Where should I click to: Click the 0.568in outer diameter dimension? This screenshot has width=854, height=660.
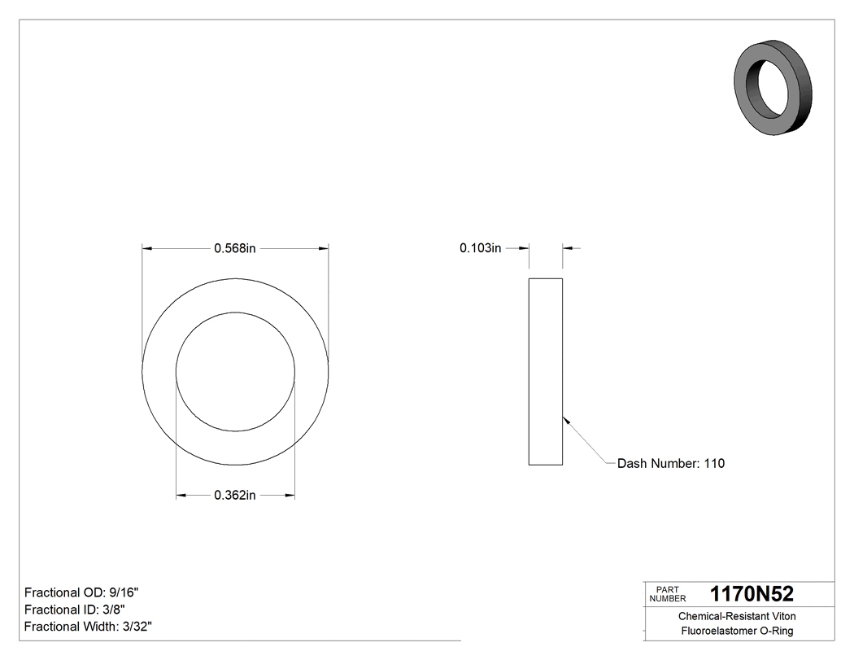(x=235, y=248)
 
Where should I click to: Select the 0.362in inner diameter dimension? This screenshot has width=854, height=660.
(x=235, y=495)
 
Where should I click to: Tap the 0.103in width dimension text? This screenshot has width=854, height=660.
(x=480, y=248)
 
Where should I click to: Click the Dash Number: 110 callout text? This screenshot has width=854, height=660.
(x=671, y=464)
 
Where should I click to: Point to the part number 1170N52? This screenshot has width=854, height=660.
(x=752, y=594)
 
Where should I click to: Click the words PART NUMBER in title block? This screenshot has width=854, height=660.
(x=668, y=594)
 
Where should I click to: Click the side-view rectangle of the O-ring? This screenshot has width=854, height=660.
(x=545, y=372)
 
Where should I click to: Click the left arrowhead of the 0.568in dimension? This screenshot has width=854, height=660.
(x=147, y=248)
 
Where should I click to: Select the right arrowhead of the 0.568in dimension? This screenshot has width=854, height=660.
(x=324, y=248)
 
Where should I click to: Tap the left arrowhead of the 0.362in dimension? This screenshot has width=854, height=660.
(x=181, y=495)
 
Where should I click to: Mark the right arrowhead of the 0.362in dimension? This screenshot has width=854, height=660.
(x=290, y=495)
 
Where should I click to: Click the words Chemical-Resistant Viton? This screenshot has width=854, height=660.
(x=737, y=617)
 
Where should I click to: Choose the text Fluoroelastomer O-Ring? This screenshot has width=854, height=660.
(x=737, y=632)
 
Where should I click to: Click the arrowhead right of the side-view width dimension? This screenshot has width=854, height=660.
(x=568, y=248)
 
